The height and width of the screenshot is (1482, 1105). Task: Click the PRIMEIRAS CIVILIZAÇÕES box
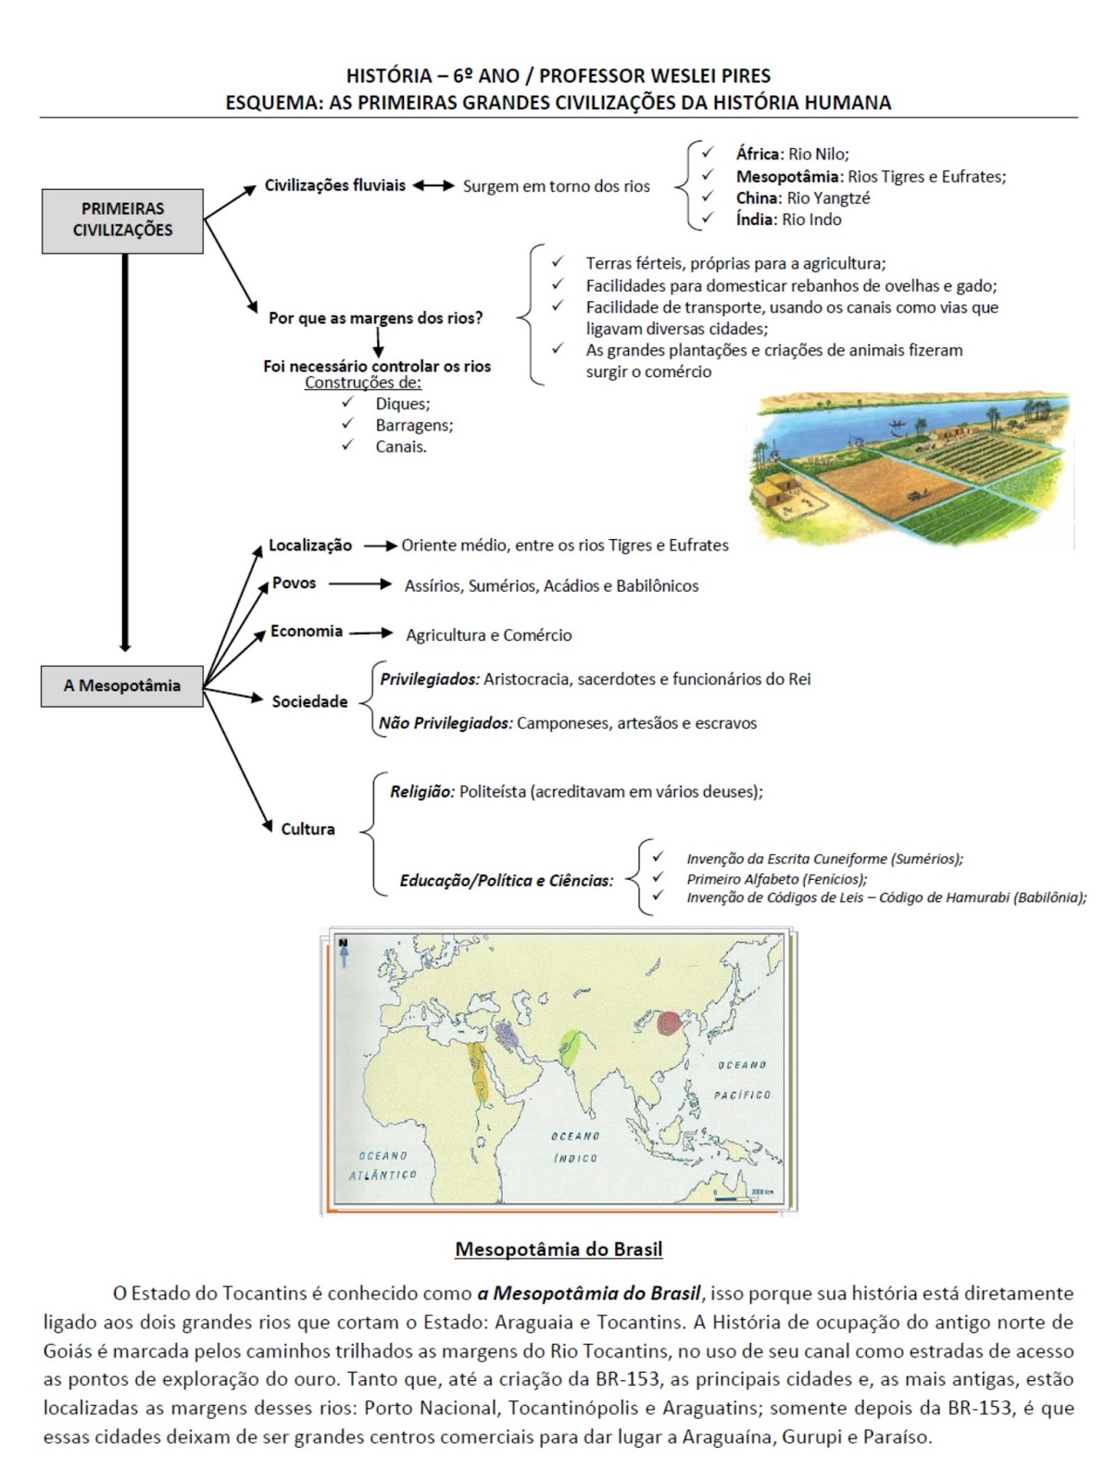(x=122, y=220)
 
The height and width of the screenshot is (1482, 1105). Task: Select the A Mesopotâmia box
(x=122, y=686)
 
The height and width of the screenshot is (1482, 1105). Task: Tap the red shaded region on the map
(x=670, y=1024)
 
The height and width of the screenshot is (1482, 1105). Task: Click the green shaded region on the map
(x=569, y=1048)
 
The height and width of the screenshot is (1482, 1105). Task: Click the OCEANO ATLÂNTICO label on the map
(x=383, y=1165)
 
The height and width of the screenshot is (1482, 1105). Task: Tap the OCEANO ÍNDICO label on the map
(x=575, y=1147)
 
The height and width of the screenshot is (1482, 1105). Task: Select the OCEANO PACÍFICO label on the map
(x=742, y=1080)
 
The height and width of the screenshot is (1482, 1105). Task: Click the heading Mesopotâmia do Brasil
(x=559, y=1250)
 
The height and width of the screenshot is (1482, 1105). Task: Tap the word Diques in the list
(x=402, y=404)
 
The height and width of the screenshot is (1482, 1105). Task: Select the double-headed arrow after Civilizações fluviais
(x=433, y=186)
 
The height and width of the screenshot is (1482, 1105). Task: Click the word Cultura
(x=308, y=829)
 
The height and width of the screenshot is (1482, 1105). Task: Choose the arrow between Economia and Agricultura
(x=371, y=634)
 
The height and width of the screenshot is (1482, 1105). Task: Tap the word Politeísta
(x=493, y=792)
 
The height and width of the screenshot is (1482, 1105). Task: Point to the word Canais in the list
(x=400, y=446)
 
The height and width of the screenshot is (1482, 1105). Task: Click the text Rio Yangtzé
(x=828, y=198)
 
